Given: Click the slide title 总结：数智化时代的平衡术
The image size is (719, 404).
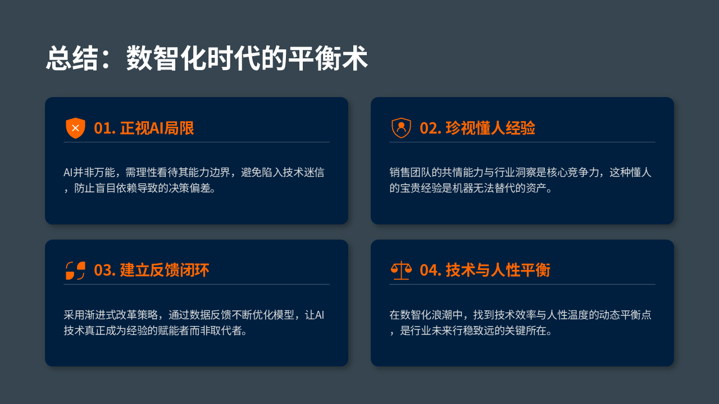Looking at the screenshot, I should [x=207, y=58].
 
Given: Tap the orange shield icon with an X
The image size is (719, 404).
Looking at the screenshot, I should [x=75, y=128].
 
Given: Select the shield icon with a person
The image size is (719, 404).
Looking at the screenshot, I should [x=401, y=128].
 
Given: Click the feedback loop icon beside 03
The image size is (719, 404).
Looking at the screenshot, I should [x=75, y=270].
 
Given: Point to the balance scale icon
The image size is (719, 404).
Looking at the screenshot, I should [x=401, y=270].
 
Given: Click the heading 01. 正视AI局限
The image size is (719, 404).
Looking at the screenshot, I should [x=144, y=128].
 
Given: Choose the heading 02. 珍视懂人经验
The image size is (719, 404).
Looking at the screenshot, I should [x=477, y=128].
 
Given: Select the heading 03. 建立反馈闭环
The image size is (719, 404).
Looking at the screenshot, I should [x=151, y=270].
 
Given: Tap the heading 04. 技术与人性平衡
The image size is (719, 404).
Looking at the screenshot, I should [x=485, y=270].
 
